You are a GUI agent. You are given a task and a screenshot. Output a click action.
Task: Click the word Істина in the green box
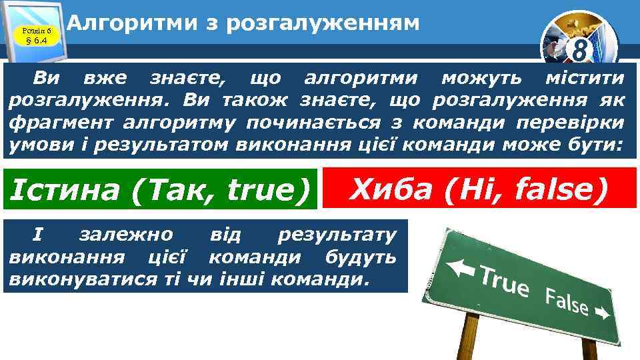coord(65,191)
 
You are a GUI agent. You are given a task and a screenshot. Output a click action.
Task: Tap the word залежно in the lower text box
coord(126,235)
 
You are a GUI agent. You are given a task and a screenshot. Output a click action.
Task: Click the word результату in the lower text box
coord(337,235)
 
